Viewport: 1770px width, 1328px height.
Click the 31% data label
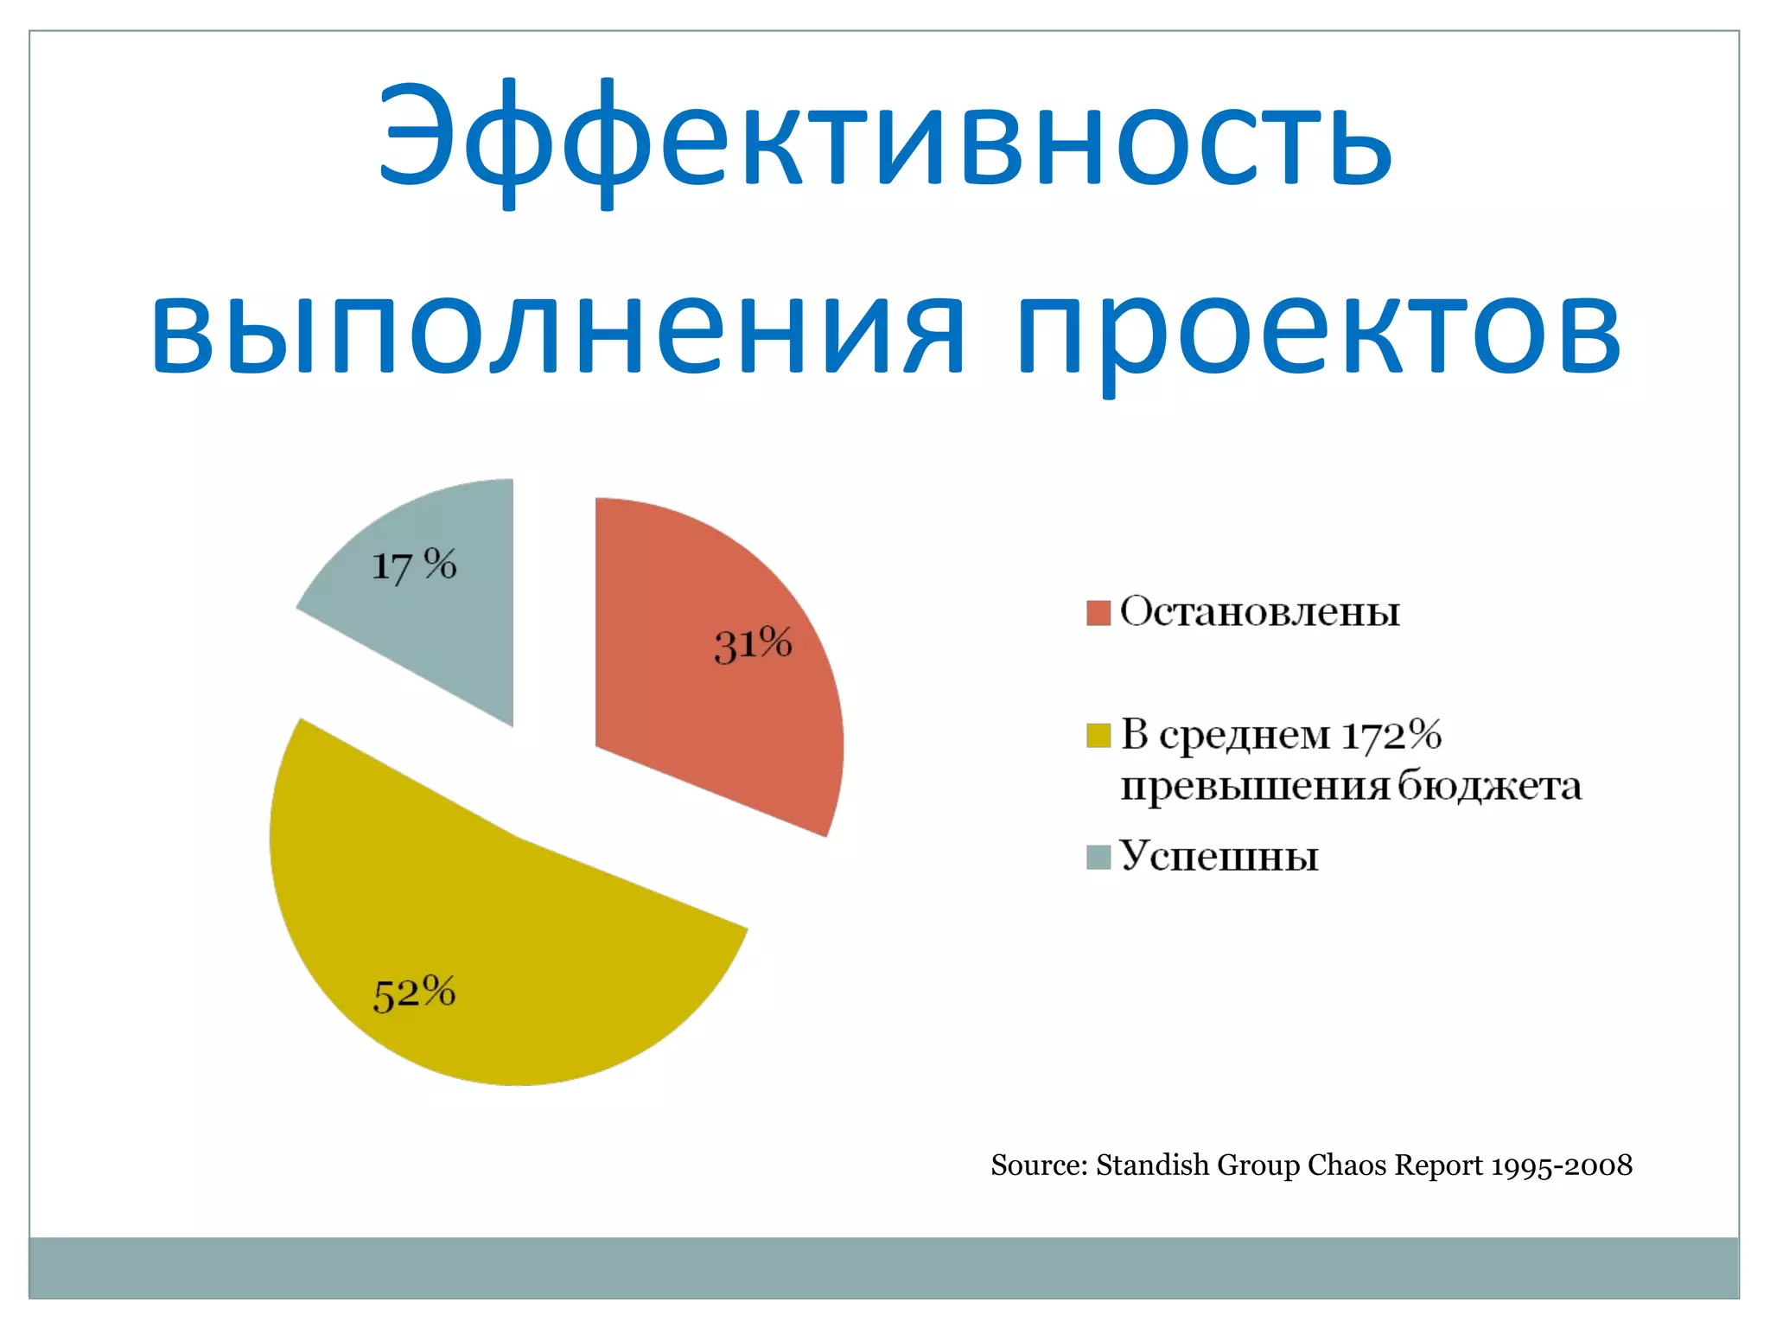click(753, 645)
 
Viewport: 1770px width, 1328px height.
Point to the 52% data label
click(414, 993)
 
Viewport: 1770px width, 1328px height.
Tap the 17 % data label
click(413, 565)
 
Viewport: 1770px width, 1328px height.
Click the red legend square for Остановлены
click(1098, 613)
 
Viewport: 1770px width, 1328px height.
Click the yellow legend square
click(1098, 736)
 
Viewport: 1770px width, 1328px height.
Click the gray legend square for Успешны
click(1098, 858)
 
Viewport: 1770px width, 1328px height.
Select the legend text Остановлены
click(1259, 612)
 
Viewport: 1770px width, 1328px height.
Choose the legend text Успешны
click(1219, 857)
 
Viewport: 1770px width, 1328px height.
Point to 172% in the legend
click(1391, 736)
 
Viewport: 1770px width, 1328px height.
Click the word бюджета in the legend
click(1489, 786)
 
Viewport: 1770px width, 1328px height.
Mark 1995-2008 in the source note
click(1562, 1165)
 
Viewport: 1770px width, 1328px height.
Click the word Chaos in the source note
click(1347, 1165)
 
